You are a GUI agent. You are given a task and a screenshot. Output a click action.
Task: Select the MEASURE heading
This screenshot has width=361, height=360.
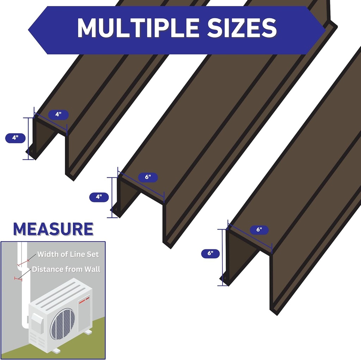[53, 229]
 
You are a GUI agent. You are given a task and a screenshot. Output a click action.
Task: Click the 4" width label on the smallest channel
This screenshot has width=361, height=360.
[57, 114]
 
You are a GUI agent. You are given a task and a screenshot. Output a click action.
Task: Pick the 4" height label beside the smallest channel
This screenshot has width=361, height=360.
[15, 138]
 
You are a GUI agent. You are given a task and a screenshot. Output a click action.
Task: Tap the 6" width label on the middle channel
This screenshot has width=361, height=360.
[148, 177]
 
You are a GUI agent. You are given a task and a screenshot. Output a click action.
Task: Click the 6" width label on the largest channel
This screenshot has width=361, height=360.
[259, 230]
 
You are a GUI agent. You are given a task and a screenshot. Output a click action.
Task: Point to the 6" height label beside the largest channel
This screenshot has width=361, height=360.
[210, 253]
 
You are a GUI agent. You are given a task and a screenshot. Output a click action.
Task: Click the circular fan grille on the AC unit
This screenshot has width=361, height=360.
[62, 324]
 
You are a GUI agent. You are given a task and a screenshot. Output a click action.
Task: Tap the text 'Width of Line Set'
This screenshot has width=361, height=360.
[68, 254]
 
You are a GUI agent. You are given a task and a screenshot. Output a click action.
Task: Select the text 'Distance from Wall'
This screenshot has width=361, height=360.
[66, 269]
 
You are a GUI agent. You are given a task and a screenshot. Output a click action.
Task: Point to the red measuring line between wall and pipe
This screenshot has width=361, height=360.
[18, 279]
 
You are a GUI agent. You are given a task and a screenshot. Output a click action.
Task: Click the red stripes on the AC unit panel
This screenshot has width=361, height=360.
[83, 300]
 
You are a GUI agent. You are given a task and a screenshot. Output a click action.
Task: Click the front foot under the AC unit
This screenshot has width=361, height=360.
[56, 350]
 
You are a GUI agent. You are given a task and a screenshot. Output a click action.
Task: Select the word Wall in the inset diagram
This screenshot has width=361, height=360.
[92, 269]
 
